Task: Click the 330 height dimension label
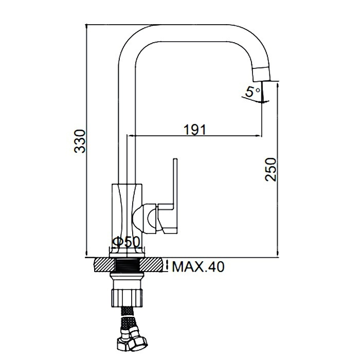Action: click(79, 141)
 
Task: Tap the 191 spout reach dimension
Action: click(195, 130)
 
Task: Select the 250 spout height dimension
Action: click(271, 169)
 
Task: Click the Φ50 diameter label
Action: click(126, 242)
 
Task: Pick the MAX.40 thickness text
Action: click(198, 267)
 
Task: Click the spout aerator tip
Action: click(262, 74)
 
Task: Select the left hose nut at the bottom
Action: click(123, 343)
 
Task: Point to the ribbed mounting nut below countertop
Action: click(127, 298)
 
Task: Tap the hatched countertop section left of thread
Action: click(104, 265)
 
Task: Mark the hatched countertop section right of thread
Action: click(152, 265)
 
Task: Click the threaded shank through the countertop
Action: click(127, 265)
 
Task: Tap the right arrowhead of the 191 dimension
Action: click(259, 136)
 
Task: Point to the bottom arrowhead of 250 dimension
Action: click(278, 254)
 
